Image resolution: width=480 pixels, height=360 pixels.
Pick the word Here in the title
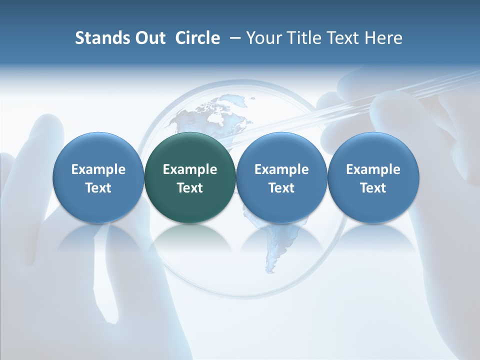pos(384,38)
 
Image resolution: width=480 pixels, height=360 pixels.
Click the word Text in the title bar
pos(344,38)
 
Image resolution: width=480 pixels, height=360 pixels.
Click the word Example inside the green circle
pos(190,169)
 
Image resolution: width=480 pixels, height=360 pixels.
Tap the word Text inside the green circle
pos(190,188)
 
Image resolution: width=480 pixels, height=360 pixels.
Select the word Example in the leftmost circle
pos(98,169)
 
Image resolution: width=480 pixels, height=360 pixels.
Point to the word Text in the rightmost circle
pos(373,188)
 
